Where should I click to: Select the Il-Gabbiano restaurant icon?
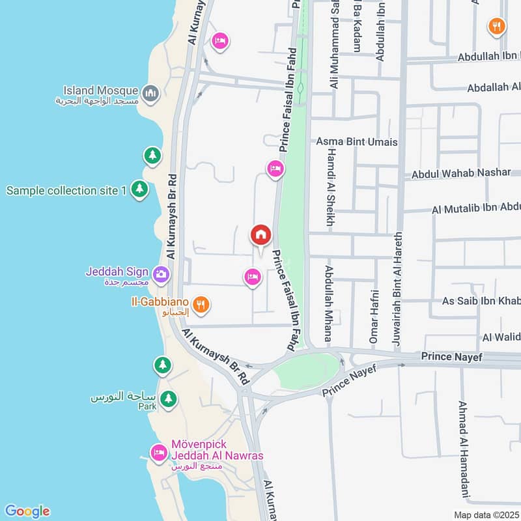point(201,304)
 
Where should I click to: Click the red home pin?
point(260,235)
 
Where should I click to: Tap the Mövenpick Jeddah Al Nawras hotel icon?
point(158,451)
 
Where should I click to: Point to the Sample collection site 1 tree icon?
point(139,190)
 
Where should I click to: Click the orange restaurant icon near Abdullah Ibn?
point(497,27)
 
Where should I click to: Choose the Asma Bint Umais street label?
point(356,141)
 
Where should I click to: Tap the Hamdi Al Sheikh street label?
point(330,186)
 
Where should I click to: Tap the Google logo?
point(27,511)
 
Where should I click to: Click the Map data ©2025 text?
point(486,515)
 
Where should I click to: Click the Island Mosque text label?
point(101,91)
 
